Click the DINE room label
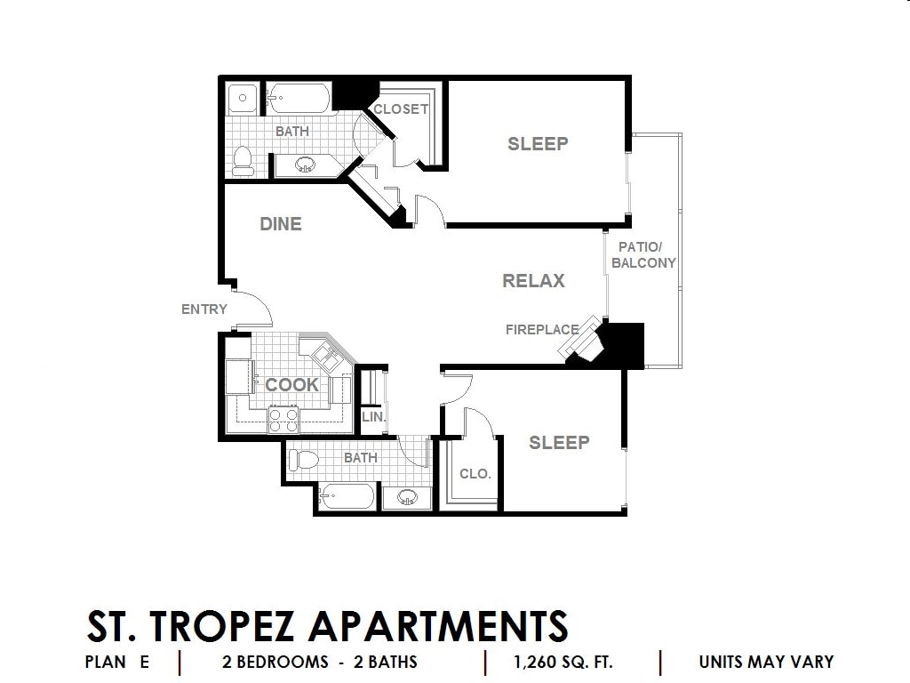point(280,224)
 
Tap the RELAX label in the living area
point(533,281)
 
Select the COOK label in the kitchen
point(291,384)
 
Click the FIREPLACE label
point(542,330)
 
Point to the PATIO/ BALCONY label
point(643,255)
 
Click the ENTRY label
point(204,309)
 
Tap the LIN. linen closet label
point(374,416)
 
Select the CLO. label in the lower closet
point(475,474)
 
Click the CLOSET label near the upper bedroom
point(401,109)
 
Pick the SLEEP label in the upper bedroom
point(538,143)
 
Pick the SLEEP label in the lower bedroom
point(559,443)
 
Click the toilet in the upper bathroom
point(243,161)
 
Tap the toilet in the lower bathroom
point(304,461)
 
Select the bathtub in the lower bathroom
point(347,496)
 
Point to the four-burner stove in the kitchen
point(283,420)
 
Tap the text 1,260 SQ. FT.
point(563,662)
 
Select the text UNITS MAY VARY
point(766,662)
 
